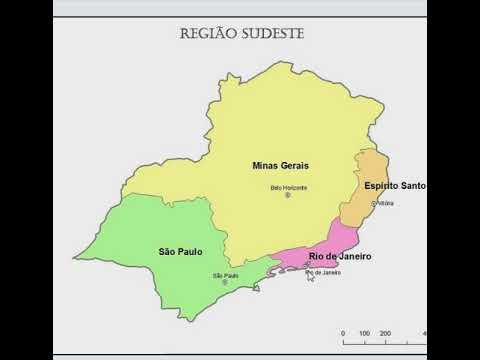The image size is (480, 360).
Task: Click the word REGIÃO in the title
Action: tap(207, 33)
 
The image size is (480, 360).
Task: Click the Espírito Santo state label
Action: tap(395, 186)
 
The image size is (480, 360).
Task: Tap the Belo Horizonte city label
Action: tap(289, 187)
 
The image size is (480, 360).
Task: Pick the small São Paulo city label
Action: tap(225, 275)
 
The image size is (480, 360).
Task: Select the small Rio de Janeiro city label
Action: tap(323, 272)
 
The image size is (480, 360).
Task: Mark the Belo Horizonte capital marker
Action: tap(288, 195)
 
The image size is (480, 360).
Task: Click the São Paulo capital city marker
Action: tap(225, 283)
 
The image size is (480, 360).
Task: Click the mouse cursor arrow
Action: tap(311, 276)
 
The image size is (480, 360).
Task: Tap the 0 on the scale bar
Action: tap(343, 333)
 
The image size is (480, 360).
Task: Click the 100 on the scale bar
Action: tap(365, 333)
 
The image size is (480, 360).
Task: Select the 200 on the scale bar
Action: tap(386, 333)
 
